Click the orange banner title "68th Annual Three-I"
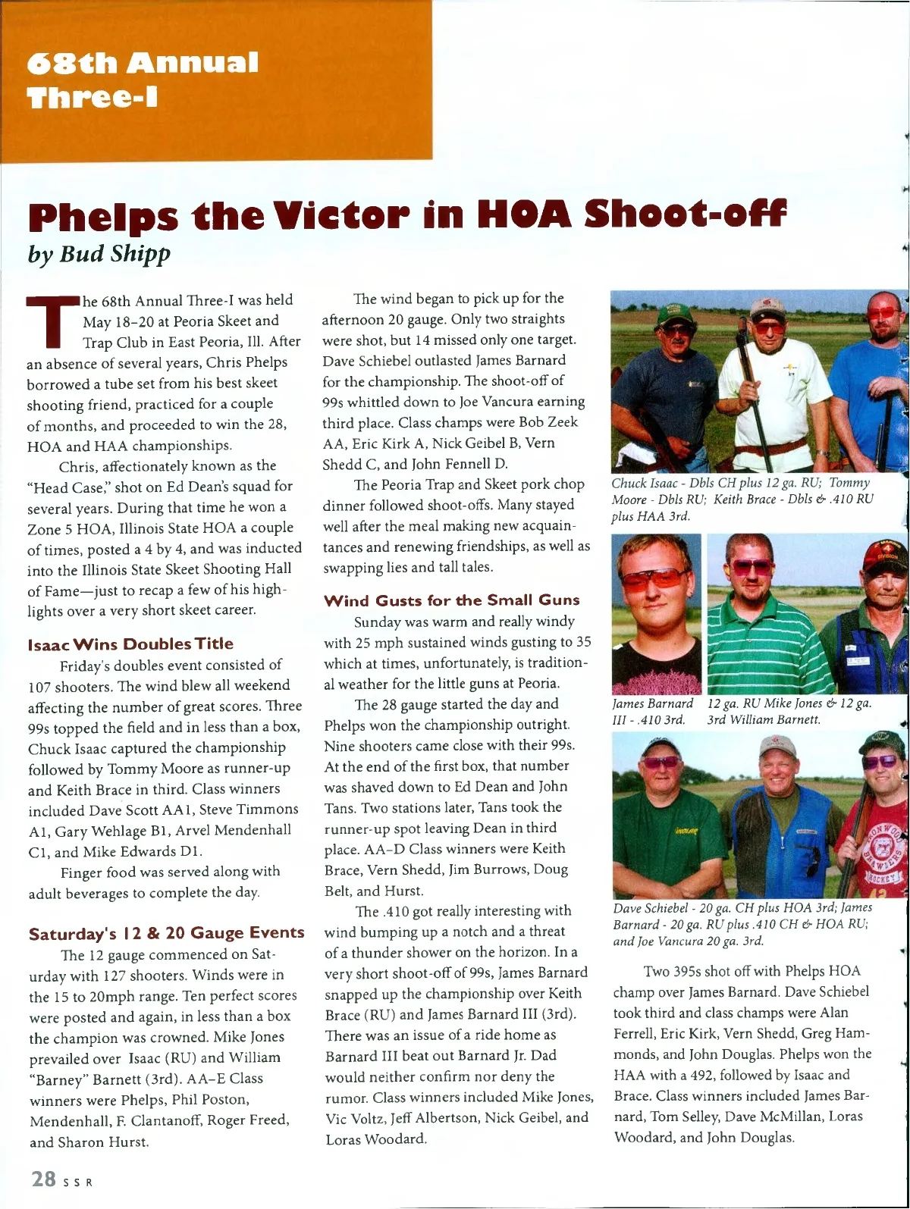[x=143, y=80]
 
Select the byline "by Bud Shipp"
[x=99, y=253]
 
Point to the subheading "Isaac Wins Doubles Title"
[x=130, y=644]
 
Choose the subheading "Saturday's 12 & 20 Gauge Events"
[x=166, y=933]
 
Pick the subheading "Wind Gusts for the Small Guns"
[x=451, y=600]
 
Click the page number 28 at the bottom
[x=43, y=1179]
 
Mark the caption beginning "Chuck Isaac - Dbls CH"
[x=743, y=500]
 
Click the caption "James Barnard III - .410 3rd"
[x=652, y=712]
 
